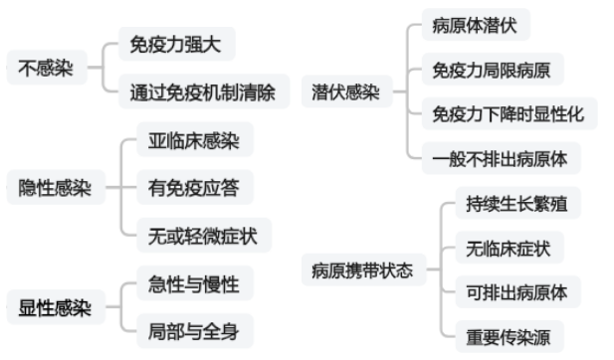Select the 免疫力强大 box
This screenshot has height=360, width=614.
[176, 45]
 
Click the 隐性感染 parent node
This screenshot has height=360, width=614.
[56, 188]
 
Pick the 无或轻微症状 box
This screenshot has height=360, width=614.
[203, 235]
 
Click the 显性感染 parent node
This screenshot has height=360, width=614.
[56, 307]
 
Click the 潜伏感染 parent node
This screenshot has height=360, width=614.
[345, 93]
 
